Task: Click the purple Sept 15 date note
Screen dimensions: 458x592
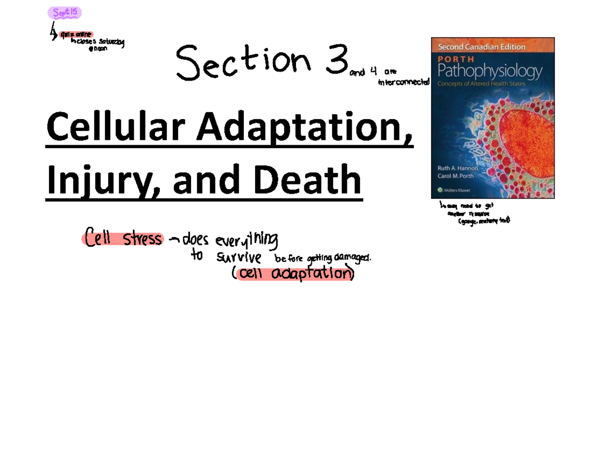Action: coord(65,13)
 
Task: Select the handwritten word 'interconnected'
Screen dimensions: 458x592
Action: coord(404,83)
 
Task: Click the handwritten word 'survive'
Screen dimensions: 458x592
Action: coord(239,257)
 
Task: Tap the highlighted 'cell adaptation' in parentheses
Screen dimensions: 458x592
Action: coord(294,273)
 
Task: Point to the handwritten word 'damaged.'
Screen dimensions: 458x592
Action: coord(352,257)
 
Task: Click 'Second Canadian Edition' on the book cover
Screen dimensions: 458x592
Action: coord(479,47)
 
